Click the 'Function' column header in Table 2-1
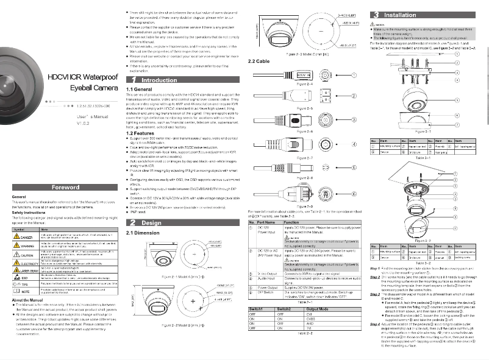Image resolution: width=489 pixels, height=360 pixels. click(x=292, y=223)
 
